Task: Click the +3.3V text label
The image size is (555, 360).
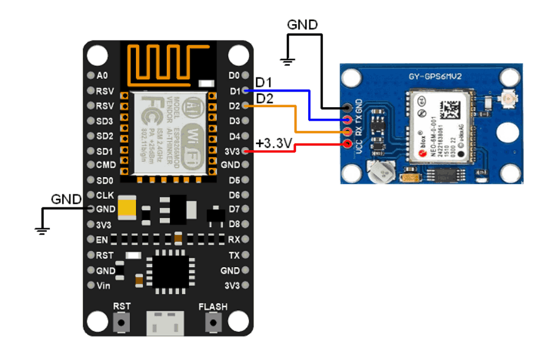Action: [273, 143]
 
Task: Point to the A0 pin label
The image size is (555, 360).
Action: [102, 76]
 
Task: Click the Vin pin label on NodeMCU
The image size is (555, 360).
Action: [103, 286]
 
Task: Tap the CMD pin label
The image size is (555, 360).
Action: [105, 165]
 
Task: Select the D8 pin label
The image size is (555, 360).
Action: [234, 224]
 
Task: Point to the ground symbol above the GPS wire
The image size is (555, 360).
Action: [286, 60]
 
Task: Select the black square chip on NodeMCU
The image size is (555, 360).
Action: [170, 270]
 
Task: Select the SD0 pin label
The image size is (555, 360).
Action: [105, 180]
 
